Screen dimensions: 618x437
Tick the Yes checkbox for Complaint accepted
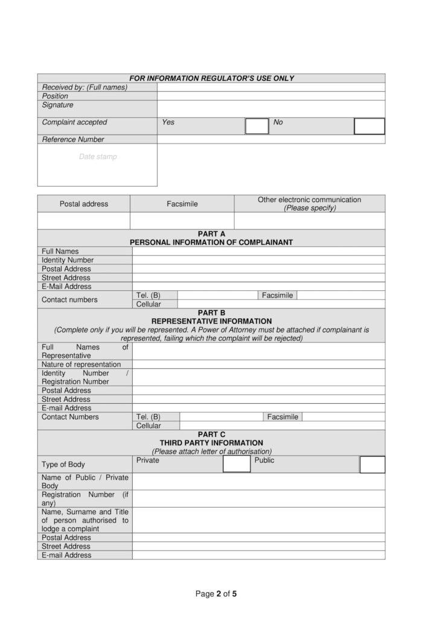[257, 126]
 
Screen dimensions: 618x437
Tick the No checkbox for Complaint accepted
[369, 126]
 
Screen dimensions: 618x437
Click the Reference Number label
[73, 139]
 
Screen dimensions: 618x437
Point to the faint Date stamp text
[98, 157]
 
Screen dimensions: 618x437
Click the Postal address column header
[84, 204]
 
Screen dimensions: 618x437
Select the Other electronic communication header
[309, 203]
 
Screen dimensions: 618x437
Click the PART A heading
[211, 234]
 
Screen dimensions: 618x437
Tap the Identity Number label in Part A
[68, 260]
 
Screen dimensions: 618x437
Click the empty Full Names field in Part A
[258, 251]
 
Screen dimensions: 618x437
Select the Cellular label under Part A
[148, 304]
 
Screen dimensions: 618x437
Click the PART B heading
[211, 313]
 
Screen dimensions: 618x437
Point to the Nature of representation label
[81, 365]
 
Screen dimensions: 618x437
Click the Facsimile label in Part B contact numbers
[282, 417]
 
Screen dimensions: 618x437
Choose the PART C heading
[211, 434]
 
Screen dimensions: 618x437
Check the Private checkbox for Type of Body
[237, 464]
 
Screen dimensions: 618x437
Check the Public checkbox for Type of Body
[372, 464]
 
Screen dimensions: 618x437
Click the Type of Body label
[63, 465]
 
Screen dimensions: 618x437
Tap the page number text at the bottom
[216, 594]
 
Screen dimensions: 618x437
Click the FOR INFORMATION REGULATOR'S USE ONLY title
[211, 78]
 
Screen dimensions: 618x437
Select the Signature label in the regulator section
[58, 105]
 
